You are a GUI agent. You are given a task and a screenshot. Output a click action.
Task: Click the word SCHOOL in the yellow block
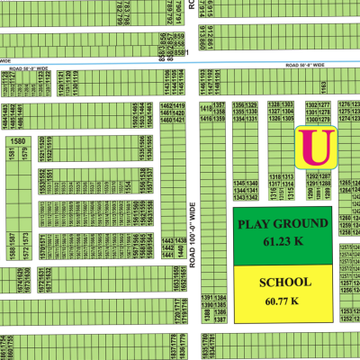tap(285, 282)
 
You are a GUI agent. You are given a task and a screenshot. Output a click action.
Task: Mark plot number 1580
tap(16, 141)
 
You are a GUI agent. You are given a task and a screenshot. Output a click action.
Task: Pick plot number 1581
tap(11, 157)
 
